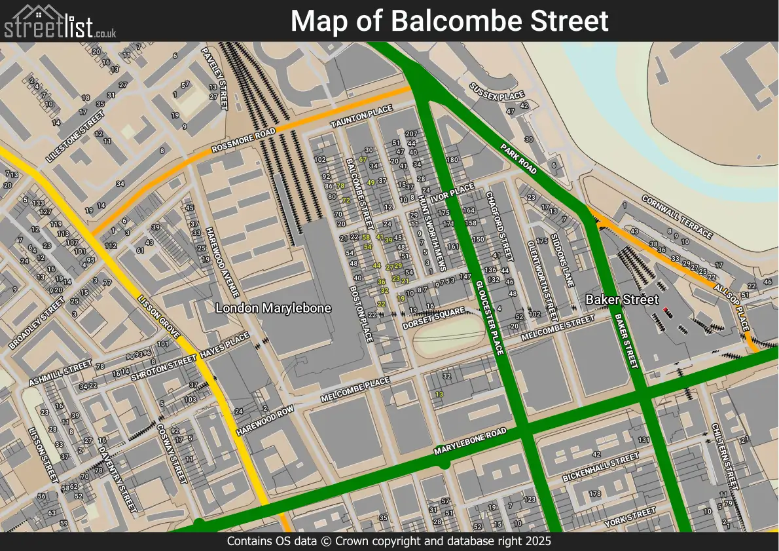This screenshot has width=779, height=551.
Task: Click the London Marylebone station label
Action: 273,308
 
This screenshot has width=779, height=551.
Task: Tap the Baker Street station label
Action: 621,299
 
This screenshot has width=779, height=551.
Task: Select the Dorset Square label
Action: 433,317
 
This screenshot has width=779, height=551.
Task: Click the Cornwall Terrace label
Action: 676,216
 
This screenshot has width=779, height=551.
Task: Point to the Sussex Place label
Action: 498,92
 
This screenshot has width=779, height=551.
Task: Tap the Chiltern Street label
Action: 724,456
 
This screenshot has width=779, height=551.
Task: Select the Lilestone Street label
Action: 75,136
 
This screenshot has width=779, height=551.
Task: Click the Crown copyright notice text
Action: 389,542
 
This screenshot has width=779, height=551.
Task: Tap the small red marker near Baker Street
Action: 666,310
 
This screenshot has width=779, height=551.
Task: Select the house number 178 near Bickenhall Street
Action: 594,493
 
